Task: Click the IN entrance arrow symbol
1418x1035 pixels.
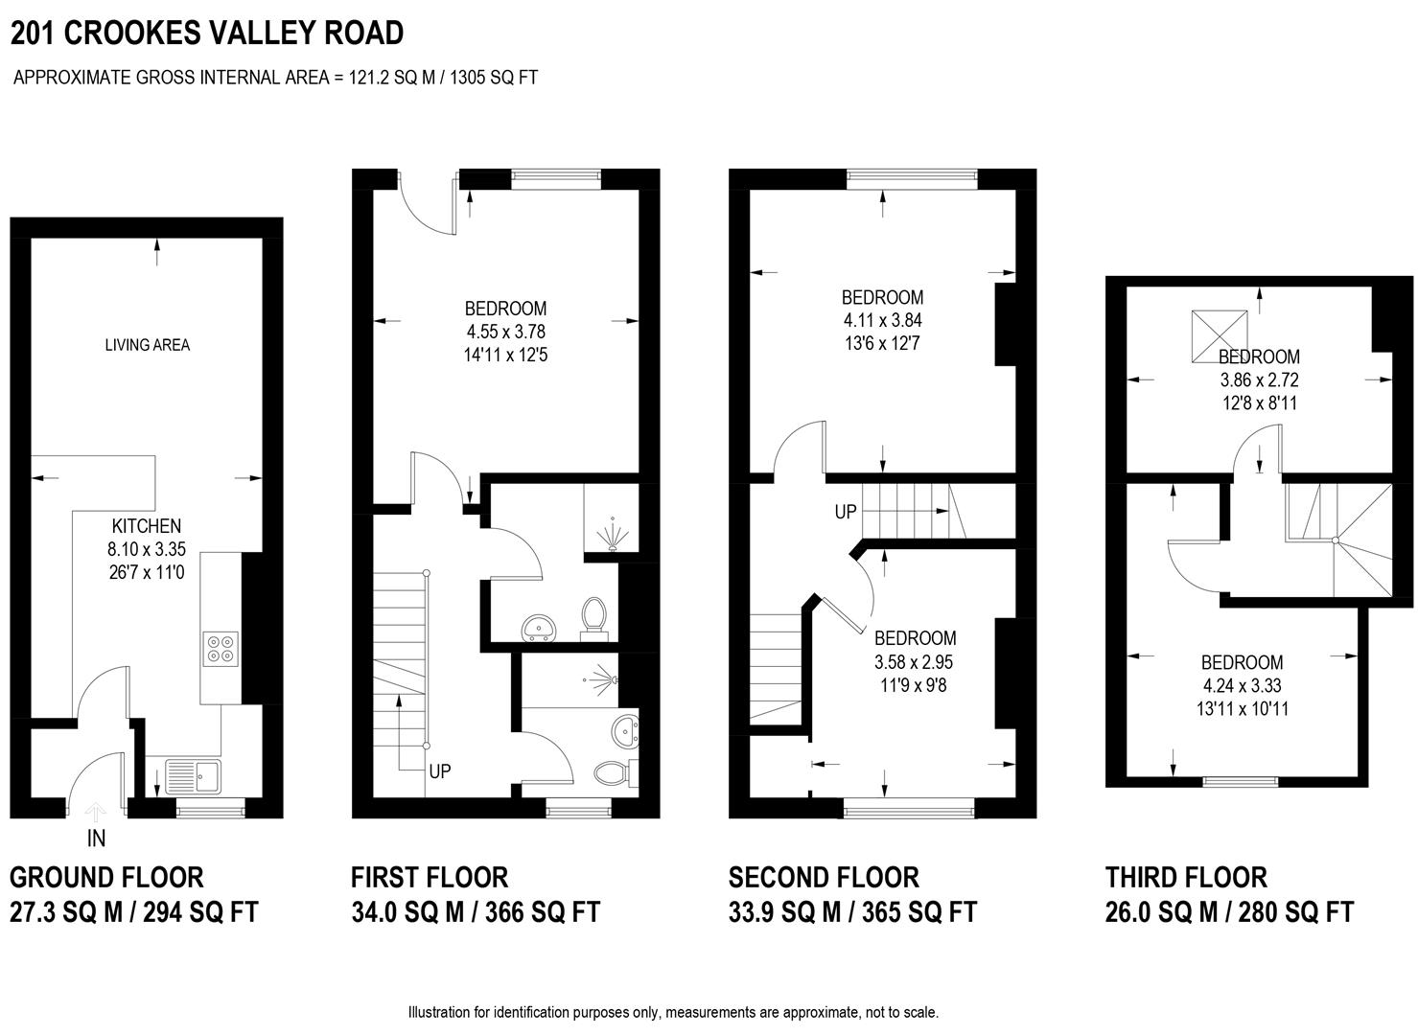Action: (96, 815)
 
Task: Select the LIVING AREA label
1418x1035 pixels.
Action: (148, 345)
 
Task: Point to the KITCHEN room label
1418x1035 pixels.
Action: (147, 526)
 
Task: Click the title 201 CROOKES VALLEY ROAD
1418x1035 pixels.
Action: (207, 34)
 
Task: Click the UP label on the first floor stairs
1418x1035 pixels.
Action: (440, 770)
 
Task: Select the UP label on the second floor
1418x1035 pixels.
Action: (845, 512)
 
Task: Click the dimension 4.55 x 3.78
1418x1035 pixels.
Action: (505, 332)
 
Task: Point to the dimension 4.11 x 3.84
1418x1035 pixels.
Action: (882, 320)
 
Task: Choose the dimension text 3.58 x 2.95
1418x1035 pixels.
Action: (914, 661)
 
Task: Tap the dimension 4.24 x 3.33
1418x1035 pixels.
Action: (1242, 685)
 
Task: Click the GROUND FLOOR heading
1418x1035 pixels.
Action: (106, 877)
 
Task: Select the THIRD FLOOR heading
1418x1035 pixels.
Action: (1186, 877)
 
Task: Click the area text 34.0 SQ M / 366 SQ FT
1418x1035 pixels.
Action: (476, 911)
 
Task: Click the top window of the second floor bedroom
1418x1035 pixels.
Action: (912, 175)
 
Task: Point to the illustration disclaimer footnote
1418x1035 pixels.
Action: (673, 1012)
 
